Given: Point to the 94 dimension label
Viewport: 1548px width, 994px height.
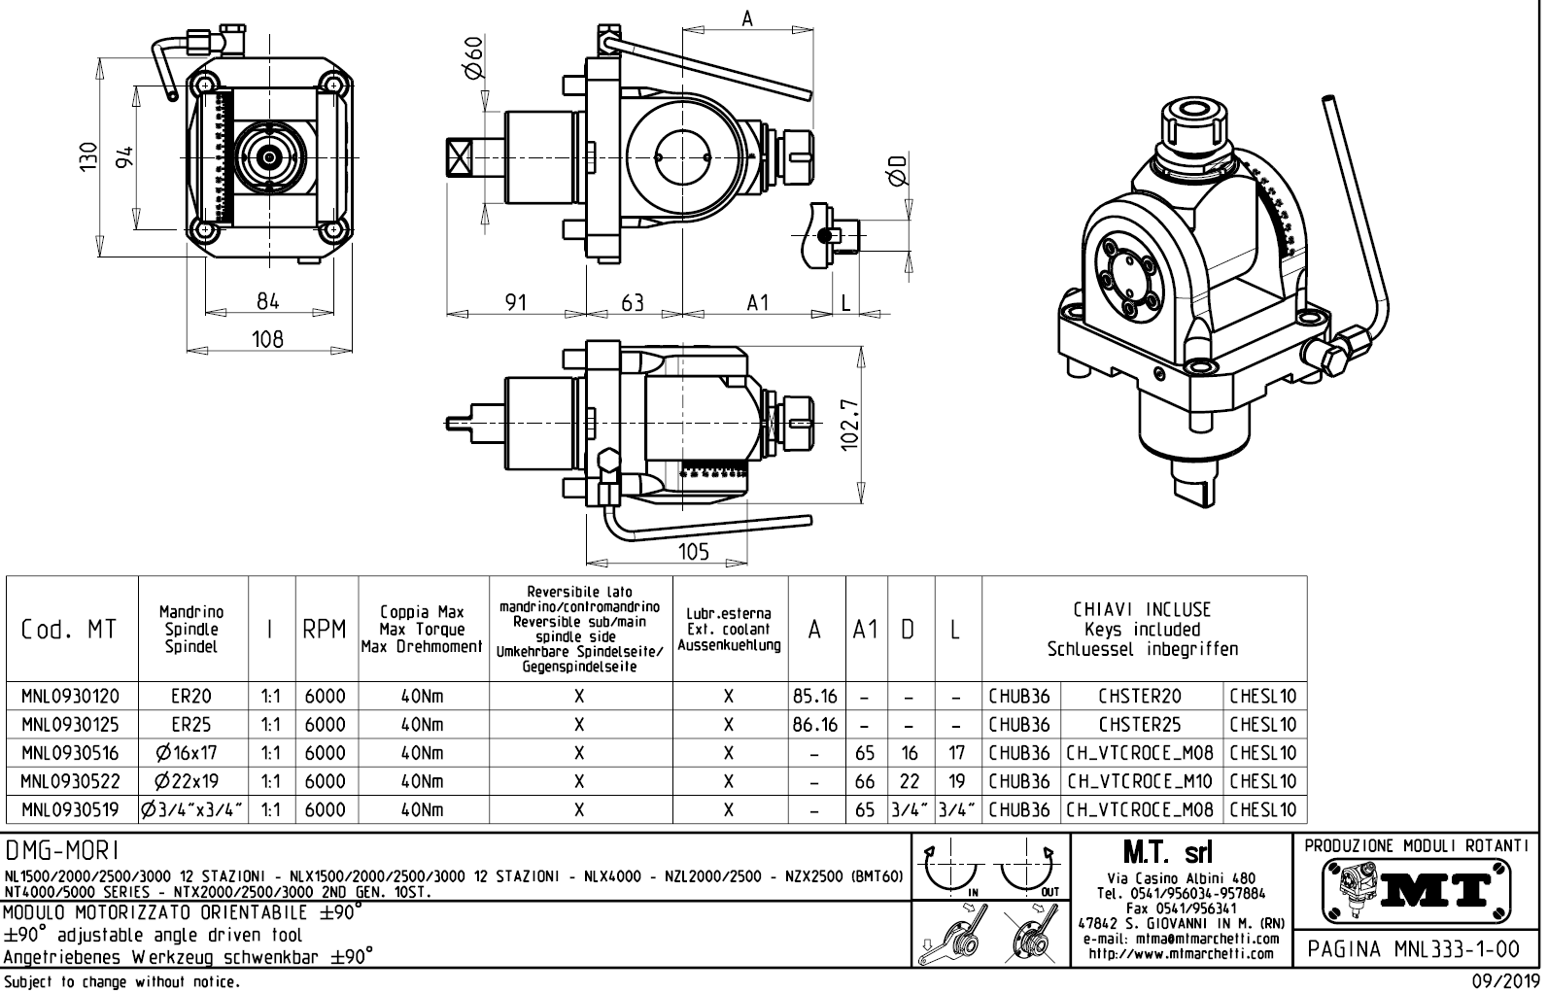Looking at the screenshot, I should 124,157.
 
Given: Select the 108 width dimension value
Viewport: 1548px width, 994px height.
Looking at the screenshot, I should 267,338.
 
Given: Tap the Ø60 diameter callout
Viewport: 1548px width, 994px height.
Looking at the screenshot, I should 473,60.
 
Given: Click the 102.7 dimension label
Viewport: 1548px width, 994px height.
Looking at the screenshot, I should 849,426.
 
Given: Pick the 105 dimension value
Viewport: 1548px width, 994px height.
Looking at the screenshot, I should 692,552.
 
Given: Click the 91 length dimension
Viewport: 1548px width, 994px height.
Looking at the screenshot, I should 515,302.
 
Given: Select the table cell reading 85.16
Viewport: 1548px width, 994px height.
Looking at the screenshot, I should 815,696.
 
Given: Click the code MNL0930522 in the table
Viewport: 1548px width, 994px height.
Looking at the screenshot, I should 71,781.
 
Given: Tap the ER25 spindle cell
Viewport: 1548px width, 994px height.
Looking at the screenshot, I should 191,724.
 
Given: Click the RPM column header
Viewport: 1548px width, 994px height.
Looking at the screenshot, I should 325,630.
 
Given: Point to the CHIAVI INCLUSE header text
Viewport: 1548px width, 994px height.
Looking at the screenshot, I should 1142,610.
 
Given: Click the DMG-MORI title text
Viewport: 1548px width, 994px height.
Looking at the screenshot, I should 63,851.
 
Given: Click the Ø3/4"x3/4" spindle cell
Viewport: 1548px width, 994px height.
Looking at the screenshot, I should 191,809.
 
